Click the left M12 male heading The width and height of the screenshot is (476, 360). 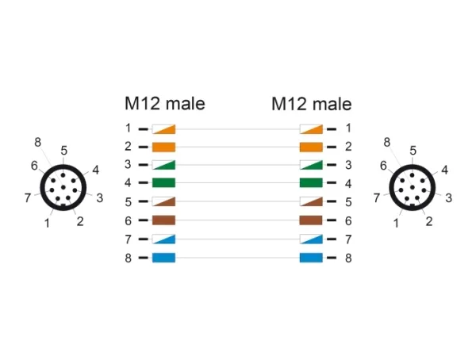[165, 104]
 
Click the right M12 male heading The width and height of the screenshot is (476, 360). [312, 104]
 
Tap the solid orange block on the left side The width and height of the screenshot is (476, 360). [163, 147]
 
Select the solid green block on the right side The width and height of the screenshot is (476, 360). [311, 182]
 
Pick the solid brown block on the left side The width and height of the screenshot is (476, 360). [163, 220]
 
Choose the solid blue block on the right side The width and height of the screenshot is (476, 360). [311, 258]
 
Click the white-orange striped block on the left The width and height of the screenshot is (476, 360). [163, 129]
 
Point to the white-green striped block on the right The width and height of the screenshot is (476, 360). [311, 165]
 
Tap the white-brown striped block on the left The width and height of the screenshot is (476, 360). [163, 201]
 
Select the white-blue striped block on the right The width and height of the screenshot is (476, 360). [311, 239]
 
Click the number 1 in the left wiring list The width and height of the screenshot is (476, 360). [129, 128]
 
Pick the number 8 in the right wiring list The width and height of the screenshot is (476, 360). [348, 258]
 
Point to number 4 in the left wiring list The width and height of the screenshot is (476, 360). [128, 182]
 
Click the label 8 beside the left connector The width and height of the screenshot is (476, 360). [37, 142]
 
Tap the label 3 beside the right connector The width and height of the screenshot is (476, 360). [449, 198]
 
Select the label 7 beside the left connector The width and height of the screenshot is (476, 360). [28, 198]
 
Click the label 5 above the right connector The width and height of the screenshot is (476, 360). [413, 151]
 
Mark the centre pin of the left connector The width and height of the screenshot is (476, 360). [63, 187]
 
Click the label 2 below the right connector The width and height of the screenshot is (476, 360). [429, 221]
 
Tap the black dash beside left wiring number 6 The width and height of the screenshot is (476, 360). [144, 220]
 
